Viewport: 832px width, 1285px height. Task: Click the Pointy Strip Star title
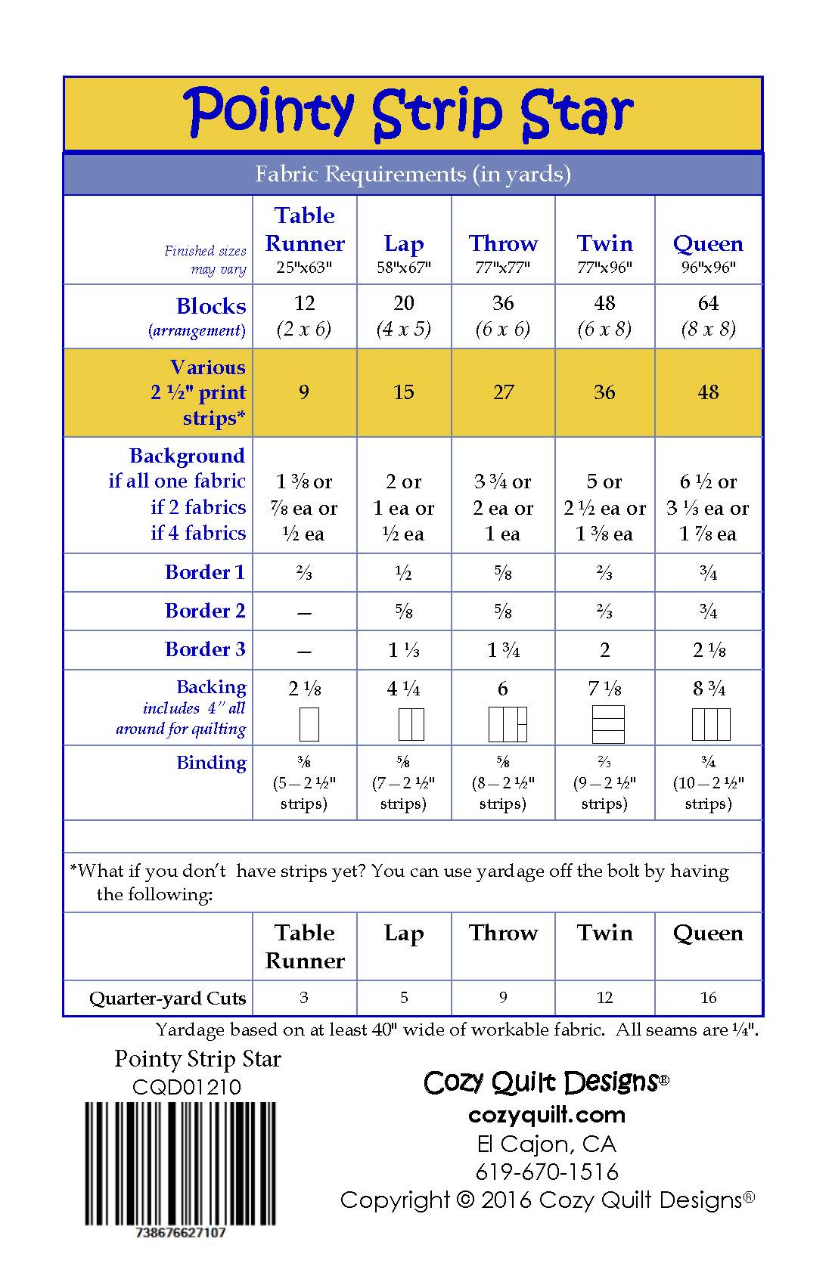(408, 113)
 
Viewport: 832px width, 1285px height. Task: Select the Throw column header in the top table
(503, 243)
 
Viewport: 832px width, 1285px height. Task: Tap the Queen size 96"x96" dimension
(708, 267)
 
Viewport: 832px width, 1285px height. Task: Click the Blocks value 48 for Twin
(604, 303)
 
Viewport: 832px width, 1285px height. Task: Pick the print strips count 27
(503, 392)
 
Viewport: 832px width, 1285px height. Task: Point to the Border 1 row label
(205, 572)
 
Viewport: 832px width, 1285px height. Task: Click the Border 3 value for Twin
(604, 650)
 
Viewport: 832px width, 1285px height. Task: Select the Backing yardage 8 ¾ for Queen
(709, 689)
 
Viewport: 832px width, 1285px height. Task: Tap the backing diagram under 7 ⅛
(608, 724)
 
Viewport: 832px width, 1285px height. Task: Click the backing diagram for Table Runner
(309, 724)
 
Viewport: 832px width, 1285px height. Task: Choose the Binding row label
(211, 763)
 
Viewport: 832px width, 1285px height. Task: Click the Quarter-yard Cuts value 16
(708, 998)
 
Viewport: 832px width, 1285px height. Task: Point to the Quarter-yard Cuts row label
(167, 999)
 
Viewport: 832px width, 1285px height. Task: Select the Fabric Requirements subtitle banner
(413, 175)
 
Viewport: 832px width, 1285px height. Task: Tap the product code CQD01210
(186, 1087)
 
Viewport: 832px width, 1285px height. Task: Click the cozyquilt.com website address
(547, 1115)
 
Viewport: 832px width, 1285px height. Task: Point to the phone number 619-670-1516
(547, 1172)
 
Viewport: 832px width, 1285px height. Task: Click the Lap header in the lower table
(404, 934)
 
